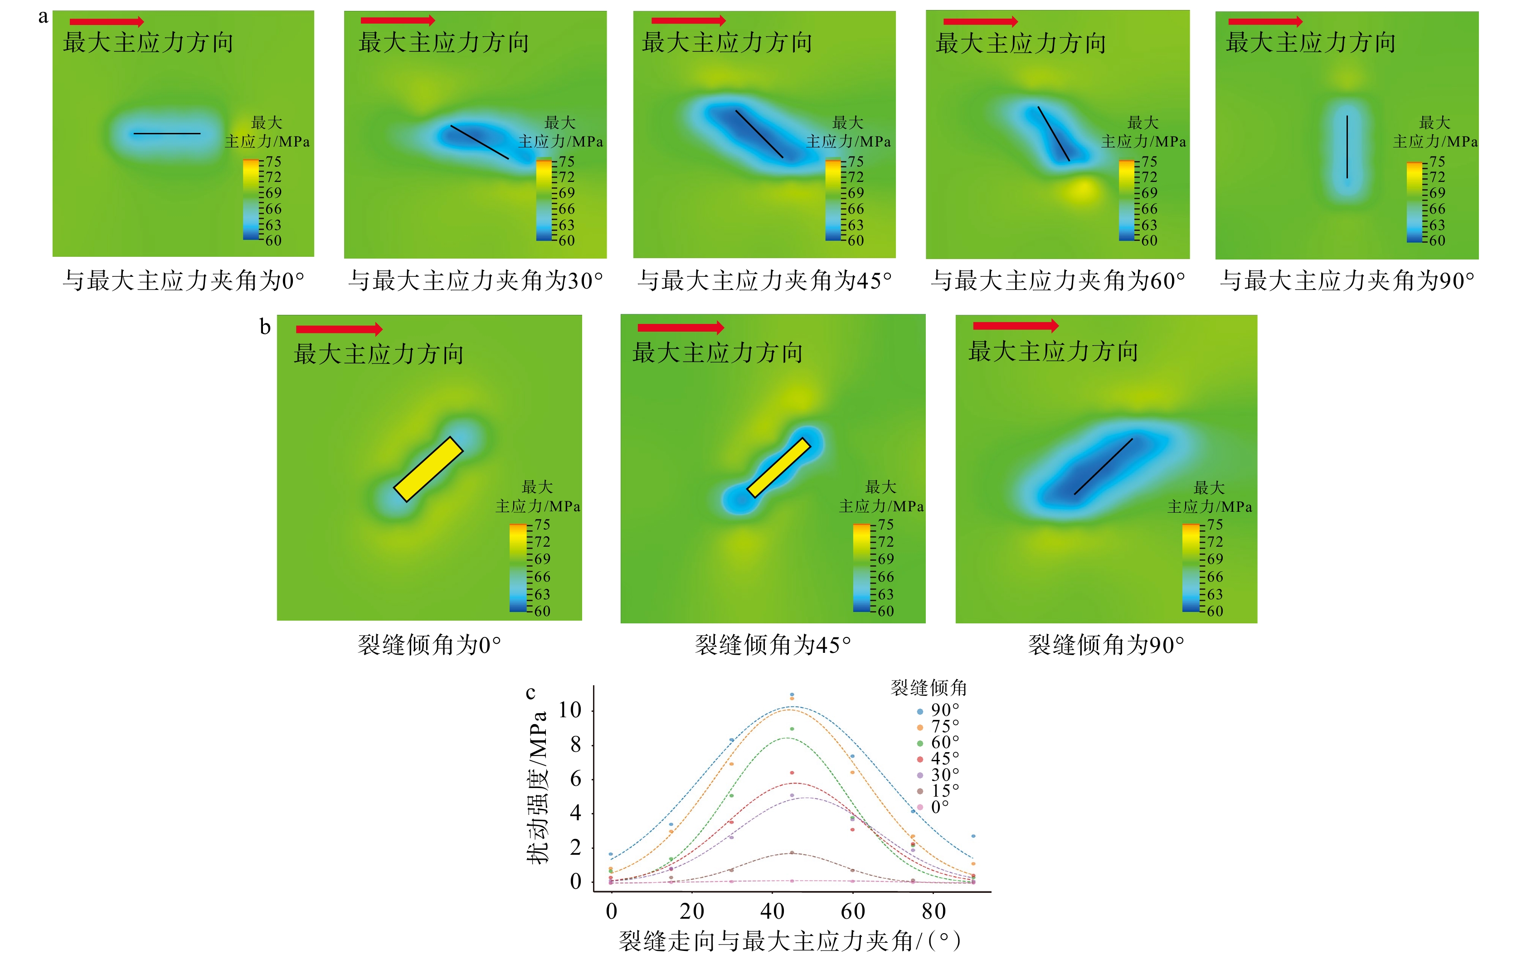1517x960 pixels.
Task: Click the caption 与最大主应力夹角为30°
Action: coord(476,280)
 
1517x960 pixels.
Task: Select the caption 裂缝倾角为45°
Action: coord(773,645)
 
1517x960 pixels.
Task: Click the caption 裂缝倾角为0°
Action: coord(429,645)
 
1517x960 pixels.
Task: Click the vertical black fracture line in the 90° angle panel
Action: coord(1347,146)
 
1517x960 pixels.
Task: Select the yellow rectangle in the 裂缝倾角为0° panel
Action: coord(428,469)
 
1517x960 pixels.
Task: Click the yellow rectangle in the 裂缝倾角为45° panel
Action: coord(778,467)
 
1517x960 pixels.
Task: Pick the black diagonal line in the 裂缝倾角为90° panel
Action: coord(1103,466)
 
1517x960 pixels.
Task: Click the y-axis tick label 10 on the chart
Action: coord(569,710)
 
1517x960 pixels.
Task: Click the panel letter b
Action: coord(265,327)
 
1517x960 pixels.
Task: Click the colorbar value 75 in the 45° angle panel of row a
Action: coord(856,162)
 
